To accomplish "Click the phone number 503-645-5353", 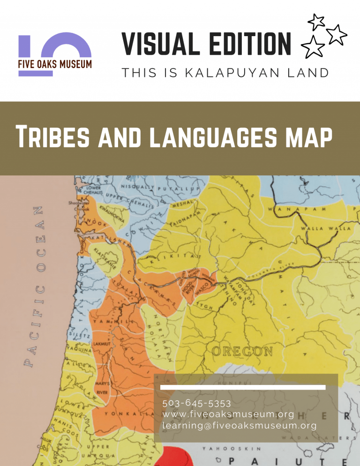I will pyautogui.click(x=190, y=403).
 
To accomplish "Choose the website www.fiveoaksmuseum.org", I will pyautogui.click(x=228, y=414).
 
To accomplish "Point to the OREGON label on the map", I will pyautogui.click(x=242, y=351).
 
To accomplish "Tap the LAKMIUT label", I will pyautogui.click(x=102, y=344).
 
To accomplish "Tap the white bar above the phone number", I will pyautogui.click(x=243, y=387).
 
